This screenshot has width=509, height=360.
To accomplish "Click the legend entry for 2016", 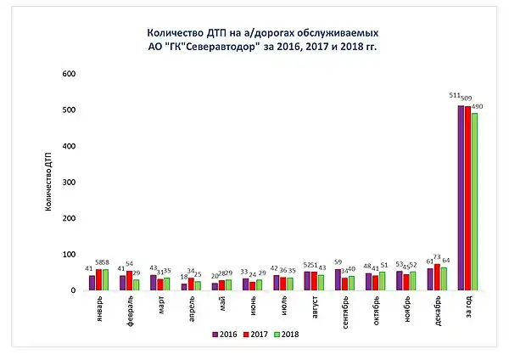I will [x=222, y=334].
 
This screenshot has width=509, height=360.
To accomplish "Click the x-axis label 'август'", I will [x=313, y=305].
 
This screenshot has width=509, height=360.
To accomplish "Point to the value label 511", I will [x=456, y=96].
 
